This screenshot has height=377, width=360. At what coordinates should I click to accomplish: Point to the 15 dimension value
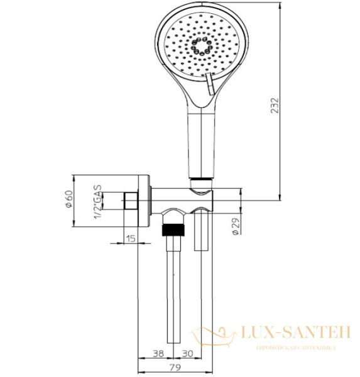[131, 238]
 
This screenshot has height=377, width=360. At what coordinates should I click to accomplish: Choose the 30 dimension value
[187, 352]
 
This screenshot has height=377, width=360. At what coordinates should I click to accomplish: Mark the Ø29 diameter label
[233, 224]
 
